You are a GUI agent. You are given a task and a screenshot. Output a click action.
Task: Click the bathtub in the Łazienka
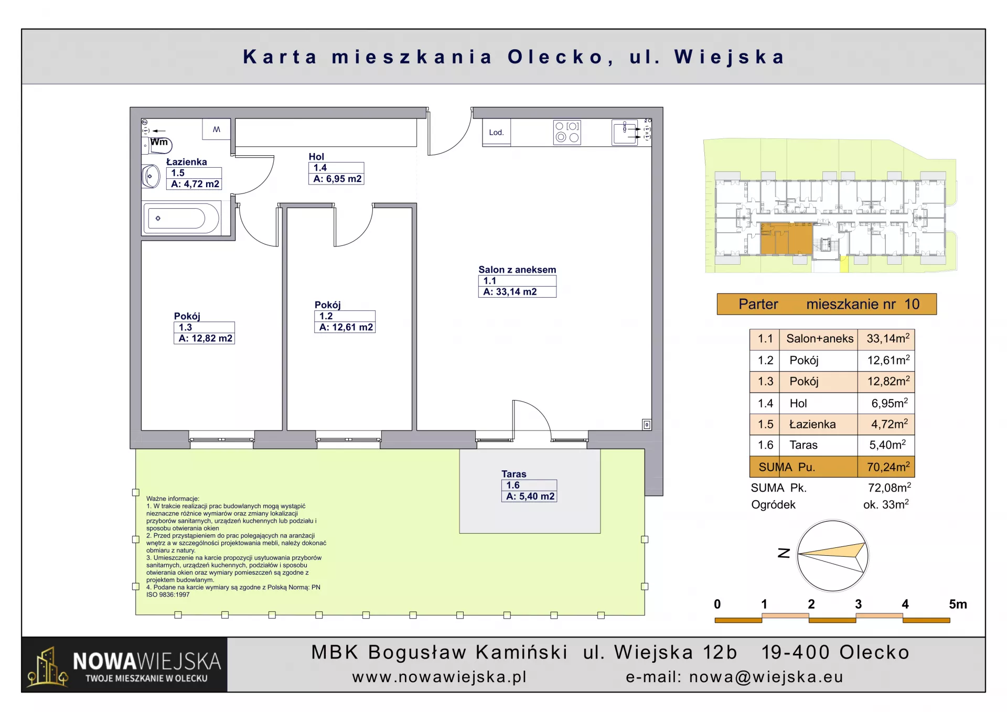[x=181, y=218]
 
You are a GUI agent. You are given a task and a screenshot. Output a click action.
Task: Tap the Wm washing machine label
[x=159, y=142]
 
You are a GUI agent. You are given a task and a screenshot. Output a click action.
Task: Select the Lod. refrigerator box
[x=496, y=132]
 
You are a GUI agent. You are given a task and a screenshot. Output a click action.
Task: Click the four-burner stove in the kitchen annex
[x=567, y=132]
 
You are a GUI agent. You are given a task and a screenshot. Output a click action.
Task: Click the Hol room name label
[x=316, y=156]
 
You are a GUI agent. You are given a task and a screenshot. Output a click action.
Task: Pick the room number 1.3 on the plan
[x=185, y=327]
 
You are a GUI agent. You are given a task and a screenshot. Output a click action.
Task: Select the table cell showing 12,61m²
[x=886, y=360]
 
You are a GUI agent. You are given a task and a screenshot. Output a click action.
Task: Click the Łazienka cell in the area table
[x=812, y=424]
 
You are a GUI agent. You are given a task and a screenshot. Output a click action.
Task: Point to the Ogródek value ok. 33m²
[x=886, y=504]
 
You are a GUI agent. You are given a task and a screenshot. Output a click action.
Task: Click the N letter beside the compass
[x=784, y=553]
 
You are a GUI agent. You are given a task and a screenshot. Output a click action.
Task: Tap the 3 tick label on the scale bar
[x=858, y=605]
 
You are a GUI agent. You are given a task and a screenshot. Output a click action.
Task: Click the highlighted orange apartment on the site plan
[x=786, y=239]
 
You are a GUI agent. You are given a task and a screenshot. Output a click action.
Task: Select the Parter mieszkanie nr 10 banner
[x=827, y=304]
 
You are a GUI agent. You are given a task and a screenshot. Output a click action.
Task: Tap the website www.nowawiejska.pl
[x=440, y=677]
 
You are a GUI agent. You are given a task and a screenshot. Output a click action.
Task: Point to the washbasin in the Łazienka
[x=151, y=177]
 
